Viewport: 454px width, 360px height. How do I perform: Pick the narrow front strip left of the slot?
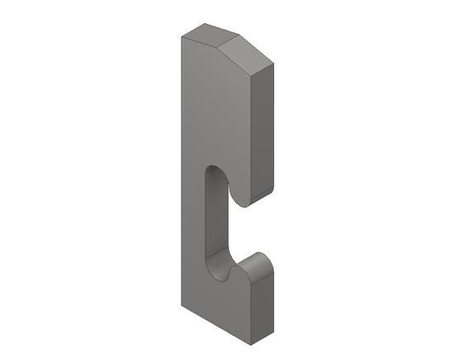[x=192, y=223]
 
